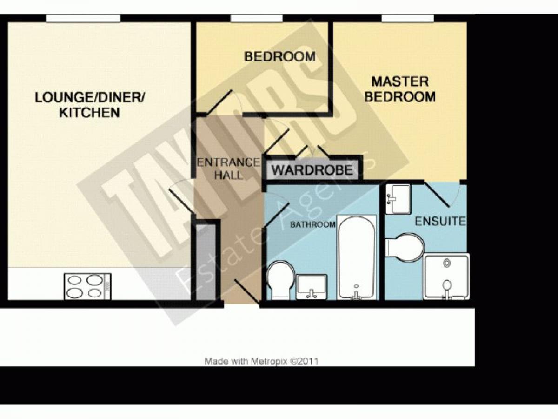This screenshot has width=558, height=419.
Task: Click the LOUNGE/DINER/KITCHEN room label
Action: [90, 105]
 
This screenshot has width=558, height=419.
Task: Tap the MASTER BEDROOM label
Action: [400, 89]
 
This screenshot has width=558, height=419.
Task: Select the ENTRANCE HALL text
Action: [228, 169]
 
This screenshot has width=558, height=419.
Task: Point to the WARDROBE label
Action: [312, 170]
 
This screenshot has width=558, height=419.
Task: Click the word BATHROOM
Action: [312, 225]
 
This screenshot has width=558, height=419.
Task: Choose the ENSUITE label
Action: [440, 221]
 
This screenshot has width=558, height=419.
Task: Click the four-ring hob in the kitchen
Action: [88, 286]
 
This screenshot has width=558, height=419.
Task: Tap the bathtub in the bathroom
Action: [357, 257]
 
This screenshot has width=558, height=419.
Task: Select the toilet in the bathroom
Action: [281, 280]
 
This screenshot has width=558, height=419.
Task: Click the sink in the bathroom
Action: [312, 287]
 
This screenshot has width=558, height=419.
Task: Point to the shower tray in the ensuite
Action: [446, 277]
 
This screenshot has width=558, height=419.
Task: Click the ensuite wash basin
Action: [398, 199]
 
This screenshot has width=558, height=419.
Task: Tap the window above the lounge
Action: [83, 18]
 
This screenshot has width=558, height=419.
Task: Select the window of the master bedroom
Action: [408, 18]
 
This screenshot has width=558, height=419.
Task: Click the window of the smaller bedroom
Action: [257, 18]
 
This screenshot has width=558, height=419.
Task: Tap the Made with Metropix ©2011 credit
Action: [262, 361]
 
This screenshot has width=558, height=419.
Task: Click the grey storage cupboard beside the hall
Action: [206, 262]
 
